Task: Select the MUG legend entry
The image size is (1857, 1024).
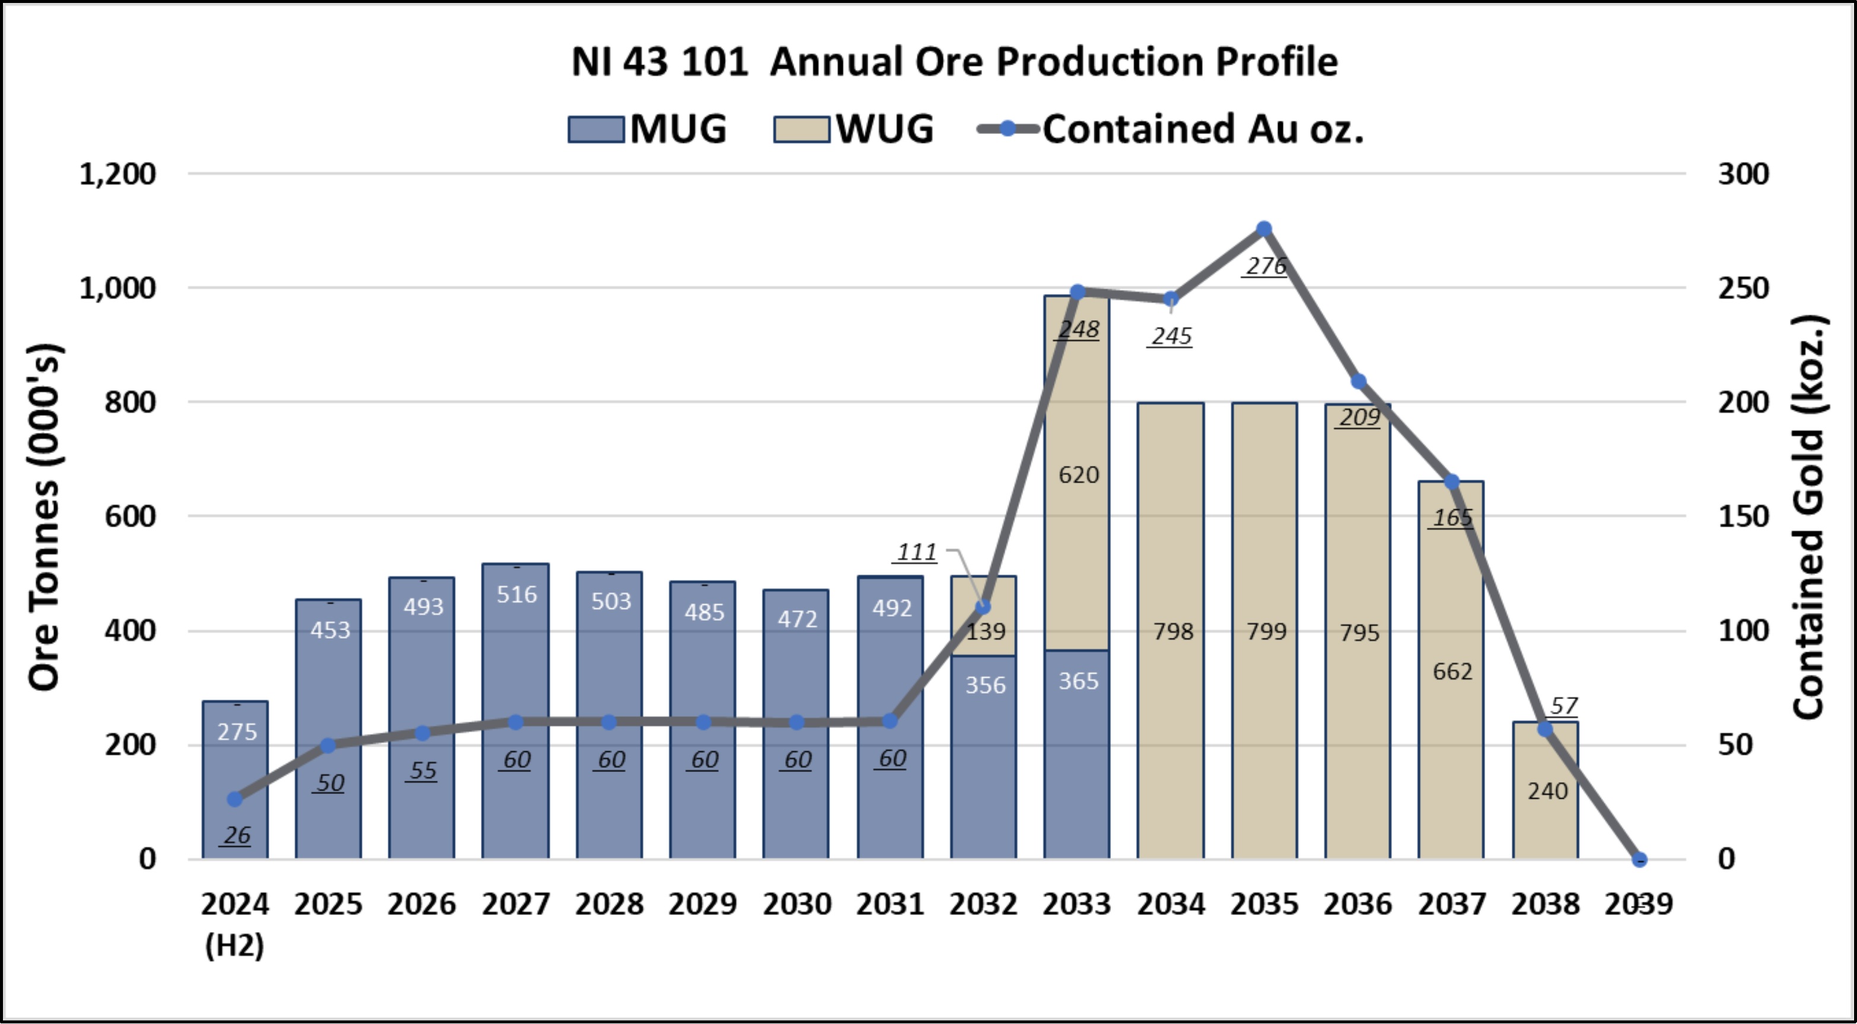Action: click(x=646, y=130)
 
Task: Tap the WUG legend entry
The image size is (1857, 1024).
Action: click(x=853, y=130)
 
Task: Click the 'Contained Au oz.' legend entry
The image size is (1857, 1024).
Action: click(x=1169, y=130)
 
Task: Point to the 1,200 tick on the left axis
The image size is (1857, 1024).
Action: click(x=117, y=174)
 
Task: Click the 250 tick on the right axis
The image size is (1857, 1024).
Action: click(x=1743, y=288)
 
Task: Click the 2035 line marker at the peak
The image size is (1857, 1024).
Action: click(x=1264, y=229)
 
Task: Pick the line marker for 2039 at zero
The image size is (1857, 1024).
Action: click(x=1639, y=860)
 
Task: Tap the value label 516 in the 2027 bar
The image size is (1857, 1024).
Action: click(x=516, y=595)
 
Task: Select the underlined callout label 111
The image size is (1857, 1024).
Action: click(x=916, y=553)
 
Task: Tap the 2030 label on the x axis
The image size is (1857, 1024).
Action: click(x=797, y=904)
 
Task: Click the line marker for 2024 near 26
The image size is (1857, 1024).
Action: click(x=235, y=799)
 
